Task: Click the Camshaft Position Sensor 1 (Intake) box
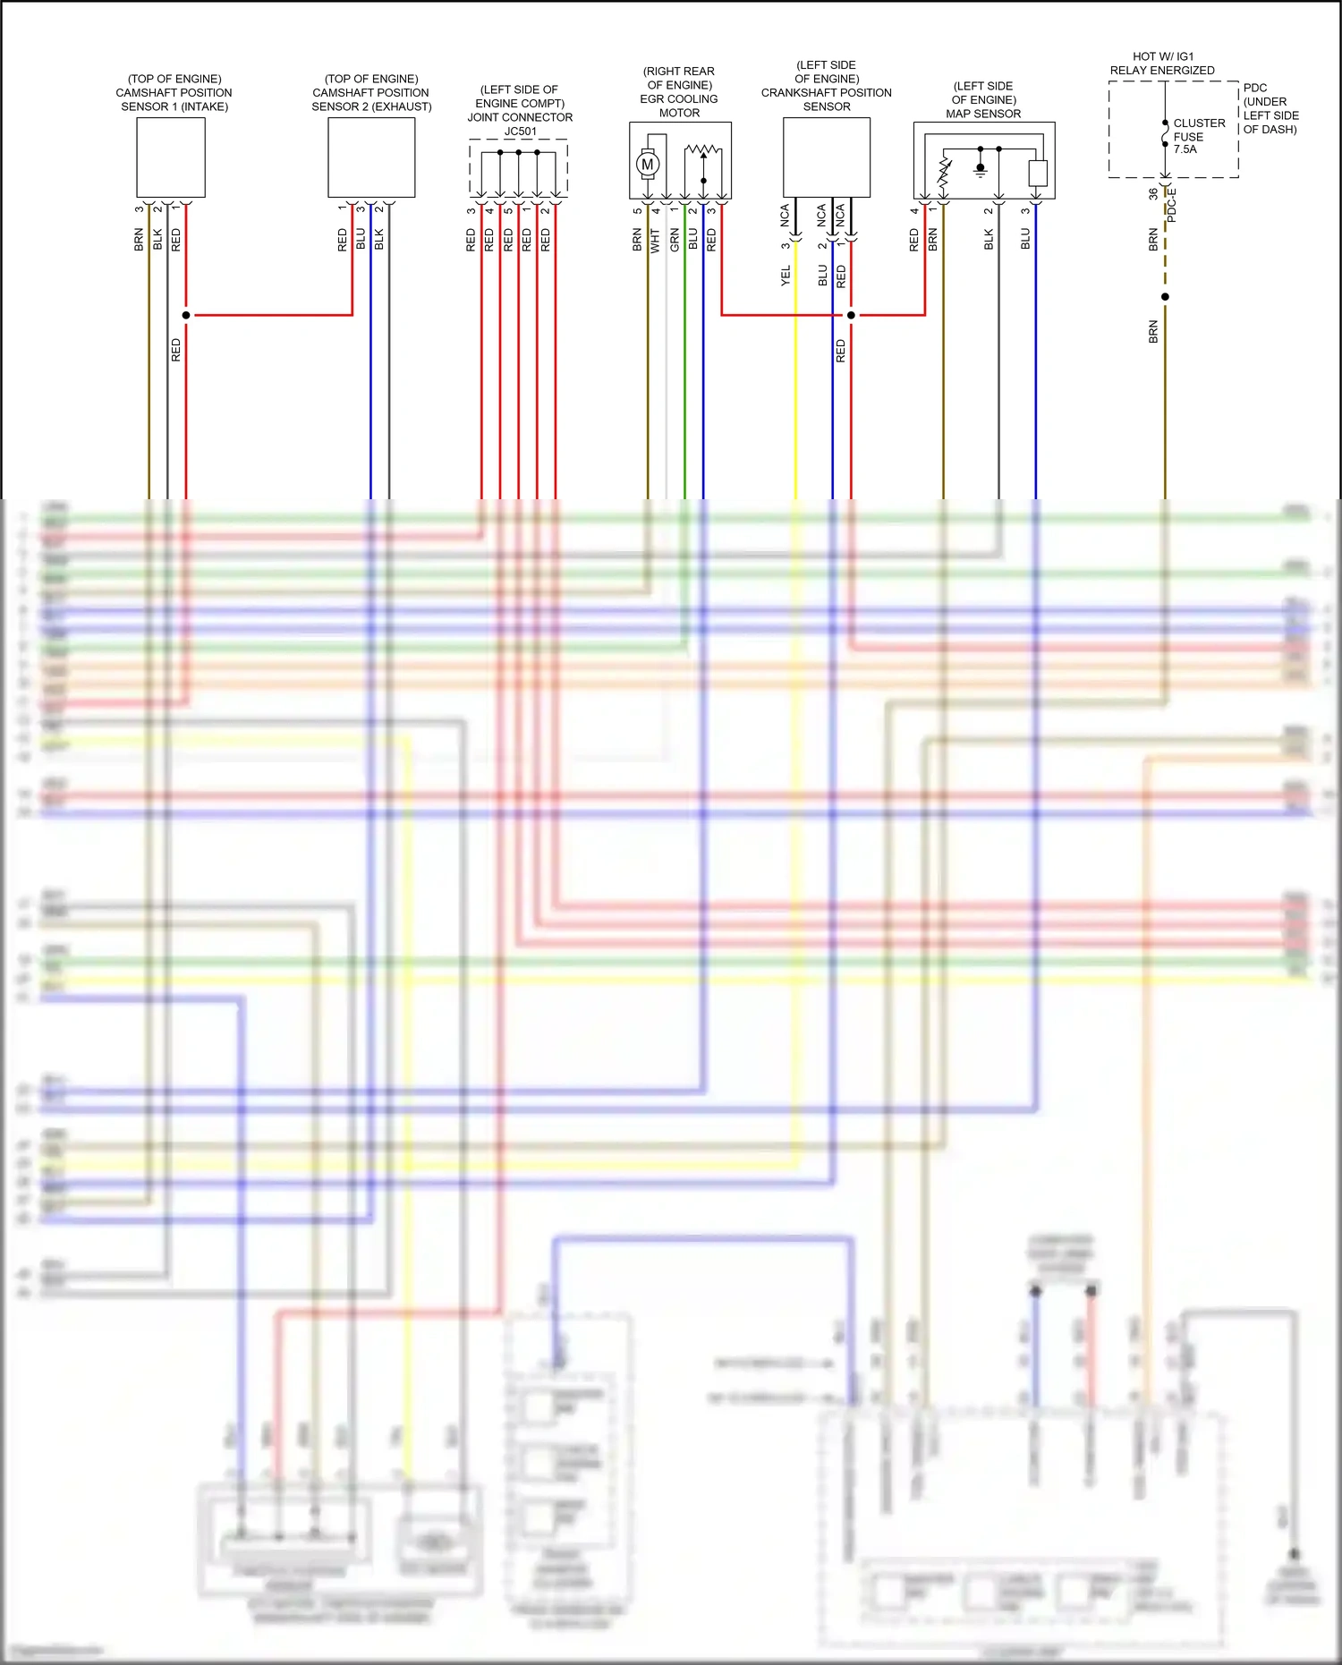tap(171, 157)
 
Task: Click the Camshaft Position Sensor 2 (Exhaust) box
tap(371, 157)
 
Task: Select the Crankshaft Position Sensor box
tap(826, 157)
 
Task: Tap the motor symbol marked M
tap(648, 165)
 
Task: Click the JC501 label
tap(520, 132)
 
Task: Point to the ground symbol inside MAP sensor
tap(981, 168)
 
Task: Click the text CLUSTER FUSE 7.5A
tap(1198, 136)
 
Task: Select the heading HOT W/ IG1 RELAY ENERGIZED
tap(1162, 64)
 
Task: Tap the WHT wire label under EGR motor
tap(655, 240)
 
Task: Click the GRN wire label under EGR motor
tap(675, 240)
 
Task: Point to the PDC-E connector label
tap(1172, 206)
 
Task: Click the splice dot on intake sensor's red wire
tap(186, 315)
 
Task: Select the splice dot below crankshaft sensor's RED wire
tap(851, 315)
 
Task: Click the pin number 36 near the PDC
tap(1152, 193)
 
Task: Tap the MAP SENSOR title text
tap(983, 114)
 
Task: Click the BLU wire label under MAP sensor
tap(1025, 239)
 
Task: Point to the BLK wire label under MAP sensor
tap(989, 239)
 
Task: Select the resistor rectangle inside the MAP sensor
tap(1038, 173)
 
